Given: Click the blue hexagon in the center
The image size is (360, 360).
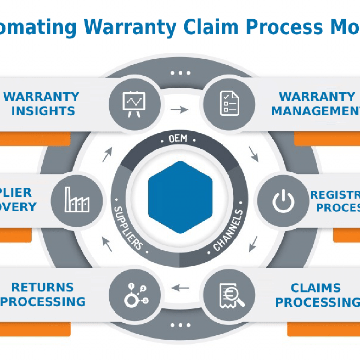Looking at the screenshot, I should [180, 197].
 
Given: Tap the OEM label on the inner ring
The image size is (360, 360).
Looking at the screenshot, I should [178, 139].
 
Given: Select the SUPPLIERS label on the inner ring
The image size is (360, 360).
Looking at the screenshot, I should [128, 227].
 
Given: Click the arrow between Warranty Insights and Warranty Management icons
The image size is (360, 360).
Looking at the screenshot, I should [179, 110].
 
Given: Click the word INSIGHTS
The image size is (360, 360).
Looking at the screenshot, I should [43, 111].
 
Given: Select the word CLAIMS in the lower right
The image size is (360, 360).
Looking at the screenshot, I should [315, 288].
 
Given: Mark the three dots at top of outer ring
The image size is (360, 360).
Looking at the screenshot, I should [180, 73].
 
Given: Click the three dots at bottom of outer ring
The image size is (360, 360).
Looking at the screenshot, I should [180, 325].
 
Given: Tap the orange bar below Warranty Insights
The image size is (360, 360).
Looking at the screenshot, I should [35, 139].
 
